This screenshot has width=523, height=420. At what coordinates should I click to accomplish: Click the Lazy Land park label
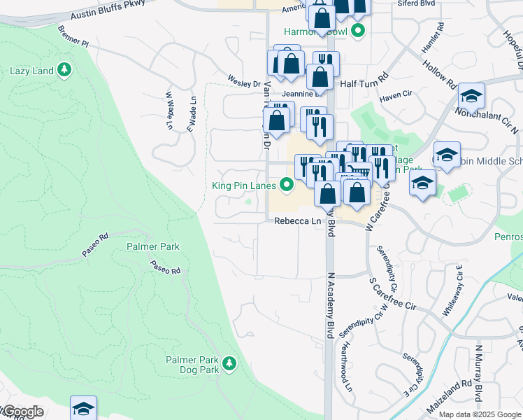[31, 71]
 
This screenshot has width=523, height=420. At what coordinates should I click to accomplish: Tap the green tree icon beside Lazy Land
[64, 69]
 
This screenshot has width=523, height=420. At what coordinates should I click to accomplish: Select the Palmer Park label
[153, 246]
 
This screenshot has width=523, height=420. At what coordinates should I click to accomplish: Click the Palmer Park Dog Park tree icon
[229, 363]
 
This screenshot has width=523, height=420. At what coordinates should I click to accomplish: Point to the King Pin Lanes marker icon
[286, 185]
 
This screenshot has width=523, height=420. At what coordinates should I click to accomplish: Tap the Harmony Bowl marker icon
[359, 31]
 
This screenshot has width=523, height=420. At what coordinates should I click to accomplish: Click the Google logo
[22, 412]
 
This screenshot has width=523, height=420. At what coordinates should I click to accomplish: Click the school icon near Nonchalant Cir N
[471, 96]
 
